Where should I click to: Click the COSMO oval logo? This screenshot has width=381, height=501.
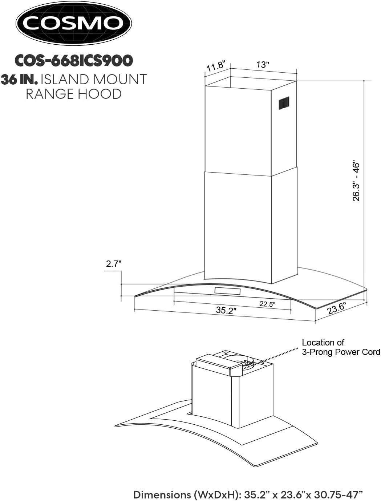pos(73,23)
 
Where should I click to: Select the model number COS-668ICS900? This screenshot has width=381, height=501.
pos(73,60)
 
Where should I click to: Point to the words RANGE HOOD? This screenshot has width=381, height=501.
pos(73,94)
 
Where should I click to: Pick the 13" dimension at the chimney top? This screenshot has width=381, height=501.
pos(263,65)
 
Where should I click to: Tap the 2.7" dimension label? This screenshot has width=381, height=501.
pos(113,264)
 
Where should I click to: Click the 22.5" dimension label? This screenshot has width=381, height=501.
pos(267,304)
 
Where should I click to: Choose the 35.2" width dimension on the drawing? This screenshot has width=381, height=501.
pos(226,311)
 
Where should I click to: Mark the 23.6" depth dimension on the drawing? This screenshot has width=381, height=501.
pos(336,308)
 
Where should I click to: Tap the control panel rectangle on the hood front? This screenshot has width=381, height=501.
pos(227,291)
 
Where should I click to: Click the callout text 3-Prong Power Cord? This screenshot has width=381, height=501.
pos(341,352)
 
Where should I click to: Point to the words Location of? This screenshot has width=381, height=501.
pos(323,343)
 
